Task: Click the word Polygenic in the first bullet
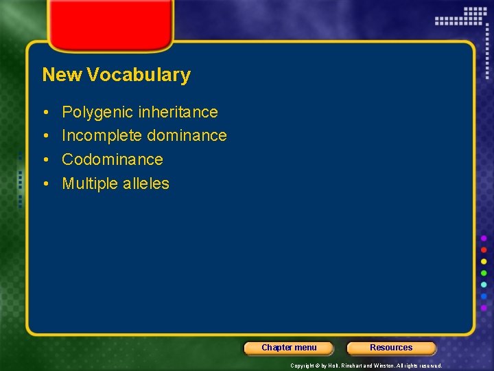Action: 91,112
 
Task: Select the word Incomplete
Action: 102,135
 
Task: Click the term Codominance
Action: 113,159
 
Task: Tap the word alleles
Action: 145,183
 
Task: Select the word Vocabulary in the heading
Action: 138,75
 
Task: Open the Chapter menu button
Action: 289,348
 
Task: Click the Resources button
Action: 391,348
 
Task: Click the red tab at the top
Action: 110,24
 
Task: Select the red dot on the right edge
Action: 484,249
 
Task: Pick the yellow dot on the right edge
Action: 484,261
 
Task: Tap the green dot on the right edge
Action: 484,273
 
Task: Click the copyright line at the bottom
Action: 366,366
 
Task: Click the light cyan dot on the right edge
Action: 484,284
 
